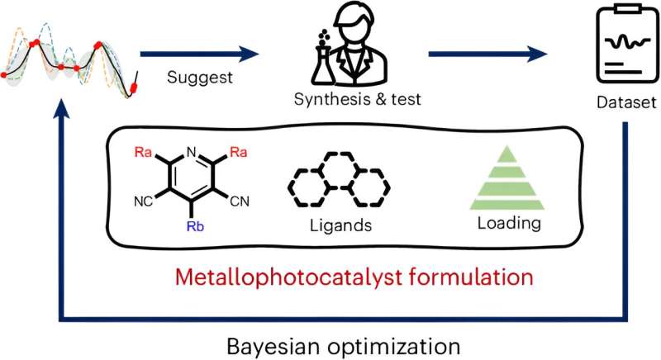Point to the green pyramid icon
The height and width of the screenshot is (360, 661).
pos(506,181)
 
